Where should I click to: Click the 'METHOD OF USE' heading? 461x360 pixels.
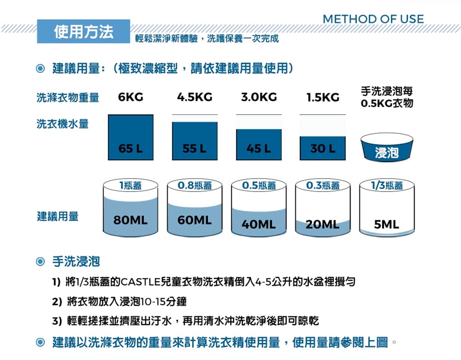[373, 19]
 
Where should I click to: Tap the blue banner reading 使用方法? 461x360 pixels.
[84, 32]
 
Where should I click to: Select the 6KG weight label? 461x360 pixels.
[131, 97]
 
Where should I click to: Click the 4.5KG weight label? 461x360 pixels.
[194, 97]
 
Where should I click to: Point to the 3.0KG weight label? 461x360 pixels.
[259, 97]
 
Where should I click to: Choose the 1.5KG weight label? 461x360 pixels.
[323, 97]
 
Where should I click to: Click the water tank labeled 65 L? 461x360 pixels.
[131, 137]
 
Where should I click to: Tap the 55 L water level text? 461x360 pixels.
[194, 148]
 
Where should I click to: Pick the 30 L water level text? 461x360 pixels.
[323, 148]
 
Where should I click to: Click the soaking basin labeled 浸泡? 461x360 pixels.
[387, 147]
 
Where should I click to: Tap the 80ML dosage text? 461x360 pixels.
[131, 220]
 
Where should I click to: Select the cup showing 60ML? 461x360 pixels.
[194, 207]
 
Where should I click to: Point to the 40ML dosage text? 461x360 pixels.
[259, 225]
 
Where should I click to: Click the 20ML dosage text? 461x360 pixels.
[323, 225]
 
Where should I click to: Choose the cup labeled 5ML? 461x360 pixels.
[387, 207]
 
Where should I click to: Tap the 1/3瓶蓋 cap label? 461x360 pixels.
[387, 185]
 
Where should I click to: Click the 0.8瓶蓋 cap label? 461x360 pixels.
[194, 185]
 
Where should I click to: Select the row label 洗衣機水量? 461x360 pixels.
[62, 124]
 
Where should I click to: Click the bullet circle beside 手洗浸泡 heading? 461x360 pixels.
[40, 261]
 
